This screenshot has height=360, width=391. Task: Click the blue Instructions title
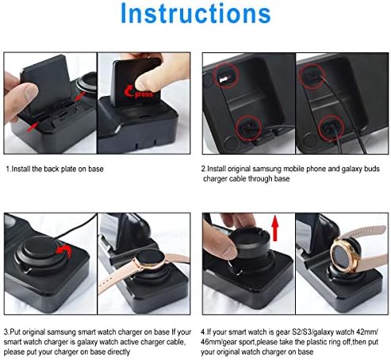(196, 13)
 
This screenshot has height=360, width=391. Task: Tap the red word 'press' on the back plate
(144, 94)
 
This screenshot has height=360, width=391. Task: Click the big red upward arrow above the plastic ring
(275, 228)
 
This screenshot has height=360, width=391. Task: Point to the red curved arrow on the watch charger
(65, 251)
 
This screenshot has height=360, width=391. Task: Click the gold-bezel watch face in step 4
(342, 255)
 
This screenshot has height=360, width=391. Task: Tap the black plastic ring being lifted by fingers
(250, 239)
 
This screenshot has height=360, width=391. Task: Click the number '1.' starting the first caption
(9, 169)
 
